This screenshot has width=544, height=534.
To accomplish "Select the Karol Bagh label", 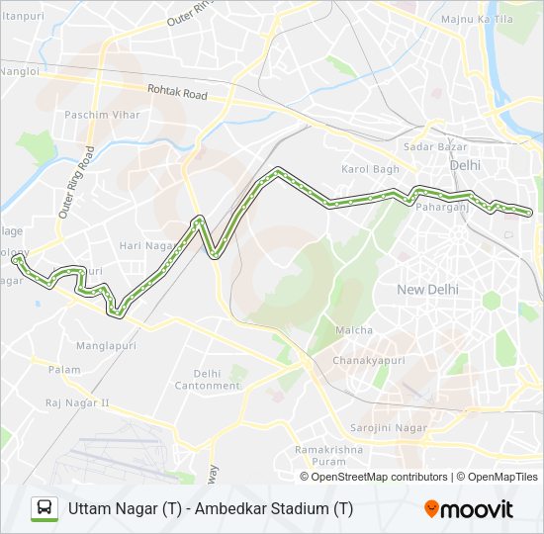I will (x=370, y=169).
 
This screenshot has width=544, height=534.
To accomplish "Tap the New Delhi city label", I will (x=425, y=289).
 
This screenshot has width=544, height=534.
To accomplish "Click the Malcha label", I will (x=354, y=330).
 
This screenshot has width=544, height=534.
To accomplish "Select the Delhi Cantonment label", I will (x=207, y=379).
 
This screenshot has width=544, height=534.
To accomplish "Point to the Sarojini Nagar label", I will (x=389, y=428).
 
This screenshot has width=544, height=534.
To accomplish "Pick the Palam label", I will (x=64, y=370).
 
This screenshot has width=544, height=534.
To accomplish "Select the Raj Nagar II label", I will (x=77, y=403).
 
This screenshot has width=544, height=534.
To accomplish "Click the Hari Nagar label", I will (x=144, y=245).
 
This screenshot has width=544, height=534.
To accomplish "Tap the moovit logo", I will (x=469, y=509).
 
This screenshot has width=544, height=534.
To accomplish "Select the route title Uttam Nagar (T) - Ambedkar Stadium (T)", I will (x=211, y=509).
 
